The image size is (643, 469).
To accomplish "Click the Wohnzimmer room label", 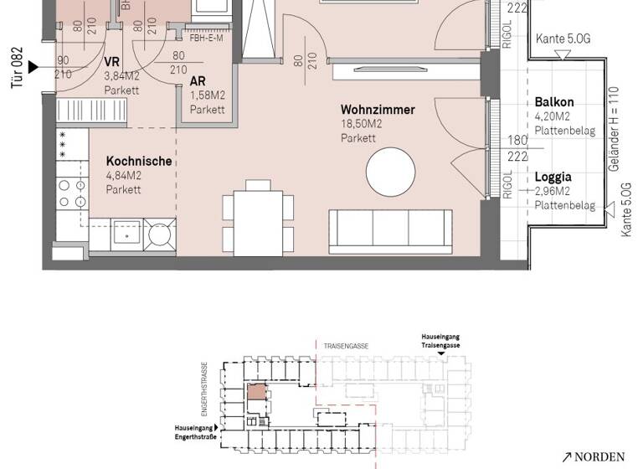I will [378, 110].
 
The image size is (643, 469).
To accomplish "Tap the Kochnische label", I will [139, 162].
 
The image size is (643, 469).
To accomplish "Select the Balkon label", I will [553, 102].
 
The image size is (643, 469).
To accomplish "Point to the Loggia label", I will [553, 178].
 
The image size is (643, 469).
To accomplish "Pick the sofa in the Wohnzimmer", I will [392, 231].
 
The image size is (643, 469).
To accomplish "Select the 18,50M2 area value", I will [361, 124].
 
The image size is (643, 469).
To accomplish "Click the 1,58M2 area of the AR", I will [207, 96].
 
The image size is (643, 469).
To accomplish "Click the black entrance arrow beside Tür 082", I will [33, 67].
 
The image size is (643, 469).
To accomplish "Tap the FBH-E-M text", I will [206, 38].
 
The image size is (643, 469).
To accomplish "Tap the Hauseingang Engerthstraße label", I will [194, 430].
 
